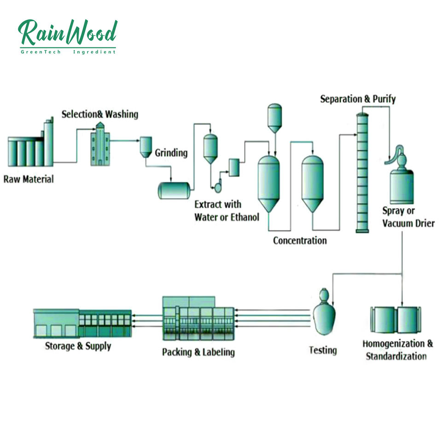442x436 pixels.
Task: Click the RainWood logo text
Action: pyautogui.click(x=68, y=33)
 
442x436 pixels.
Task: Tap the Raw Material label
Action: pyautogui.click(x=29, y=178)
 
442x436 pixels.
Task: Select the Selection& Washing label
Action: pyautogui.click(x=100, y=114)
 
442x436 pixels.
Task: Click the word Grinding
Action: pyautogui.click(x=171, y=153)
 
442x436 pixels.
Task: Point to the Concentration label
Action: pyautogui.click(x=300, y=240)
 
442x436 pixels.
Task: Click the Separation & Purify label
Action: pyautogui.click(x=358, y=99)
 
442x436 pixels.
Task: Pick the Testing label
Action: pyautogui.click(x=323, y=350)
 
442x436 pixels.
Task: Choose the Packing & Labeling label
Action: pyautogui.click(x=198, y=352)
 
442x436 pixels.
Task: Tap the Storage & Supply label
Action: pyautogui.click(x=78, y=345)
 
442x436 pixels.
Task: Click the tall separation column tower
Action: pyautogui.click(x=363, y=173)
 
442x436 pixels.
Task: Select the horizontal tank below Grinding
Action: pyautogui.click(x=174, y=190)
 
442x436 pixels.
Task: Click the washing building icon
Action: pyautogui.click(x=99, y=144)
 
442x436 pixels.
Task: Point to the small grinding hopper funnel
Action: pyautogui.click(x=146, y=146)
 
